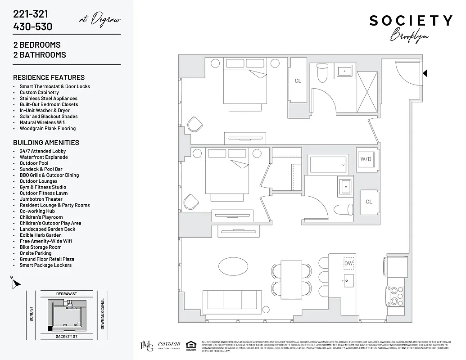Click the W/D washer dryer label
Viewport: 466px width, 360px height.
coord(365,158)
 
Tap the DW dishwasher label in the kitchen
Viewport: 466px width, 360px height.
coord(349,263)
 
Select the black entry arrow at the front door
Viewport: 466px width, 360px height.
coord(425,73)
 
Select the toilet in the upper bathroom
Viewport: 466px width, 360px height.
coord(322,73)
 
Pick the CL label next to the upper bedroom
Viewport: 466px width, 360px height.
coord(298,81)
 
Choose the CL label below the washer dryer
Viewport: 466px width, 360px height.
coord(369,202)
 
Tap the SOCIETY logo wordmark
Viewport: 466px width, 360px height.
coord(411,21)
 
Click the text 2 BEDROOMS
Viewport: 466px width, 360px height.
coord(37,45)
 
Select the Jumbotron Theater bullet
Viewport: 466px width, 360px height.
coord(41,199)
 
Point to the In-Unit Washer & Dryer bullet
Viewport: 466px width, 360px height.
coord(45,110)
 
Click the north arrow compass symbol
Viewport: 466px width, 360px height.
coord(16,283)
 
